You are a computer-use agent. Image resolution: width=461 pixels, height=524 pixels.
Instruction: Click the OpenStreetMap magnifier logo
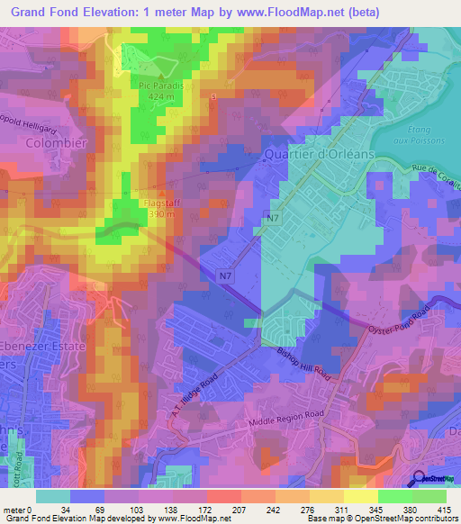(x=419, y=479)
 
